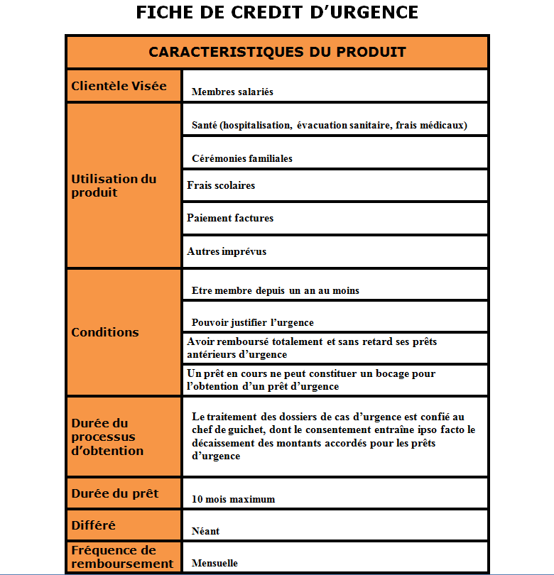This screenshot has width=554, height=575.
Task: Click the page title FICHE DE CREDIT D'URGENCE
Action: point(276,13)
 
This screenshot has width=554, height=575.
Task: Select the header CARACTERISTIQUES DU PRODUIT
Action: point(277,53)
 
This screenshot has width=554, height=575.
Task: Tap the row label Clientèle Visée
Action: point(119,86)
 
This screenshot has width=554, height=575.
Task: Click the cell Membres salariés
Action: point(232,92)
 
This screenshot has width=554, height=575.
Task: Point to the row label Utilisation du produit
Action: point(114,185)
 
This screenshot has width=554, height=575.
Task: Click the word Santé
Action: point(204,125)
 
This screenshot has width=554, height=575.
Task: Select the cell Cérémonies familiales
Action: point(241,158)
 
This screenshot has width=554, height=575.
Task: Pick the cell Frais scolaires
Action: point(221,185)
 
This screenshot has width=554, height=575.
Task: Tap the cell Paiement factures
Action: point(230,218)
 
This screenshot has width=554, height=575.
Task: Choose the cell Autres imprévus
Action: point(227,251)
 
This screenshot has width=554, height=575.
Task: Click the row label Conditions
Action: point(105,332)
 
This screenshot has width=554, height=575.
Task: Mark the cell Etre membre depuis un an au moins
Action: point(275,290)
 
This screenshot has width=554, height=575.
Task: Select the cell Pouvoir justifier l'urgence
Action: point(252,322)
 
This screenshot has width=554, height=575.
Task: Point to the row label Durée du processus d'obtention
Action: point(107,437)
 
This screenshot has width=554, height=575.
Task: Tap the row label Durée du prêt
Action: point(114,493)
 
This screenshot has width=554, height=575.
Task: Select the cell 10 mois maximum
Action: point(233,499)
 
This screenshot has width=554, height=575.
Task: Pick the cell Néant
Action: point(205,531)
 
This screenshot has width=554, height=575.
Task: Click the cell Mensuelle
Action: point(214,563)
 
